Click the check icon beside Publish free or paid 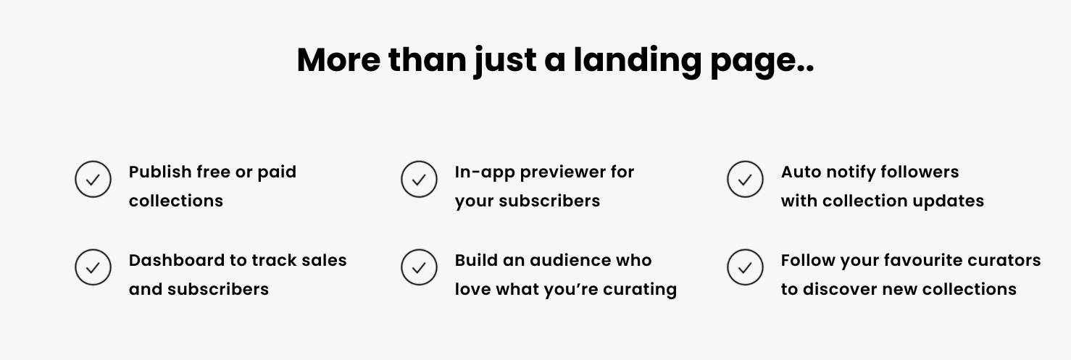pyautogui.click(x=93, y=180)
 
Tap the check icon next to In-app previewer pyautogui.click(x=419, y=180)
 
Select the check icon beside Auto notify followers pyautogui.click(x=745, y=180)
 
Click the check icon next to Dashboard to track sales pyautogui.click(x=93, y=267)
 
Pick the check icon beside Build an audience pyautogui.click(x=419, y=267)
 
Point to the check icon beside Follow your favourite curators pyautogui.click(x=745, y=267)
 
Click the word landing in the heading pyautogui.click(x=638, y=61)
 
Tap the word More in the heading pyautogui.click(x=338, y=60)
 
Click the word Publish pyautogui.click(x=160, y=172)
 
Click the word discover pyautogui.click(x=840, y=289)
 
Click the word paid pyautogui.click(x=277, y=172)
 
